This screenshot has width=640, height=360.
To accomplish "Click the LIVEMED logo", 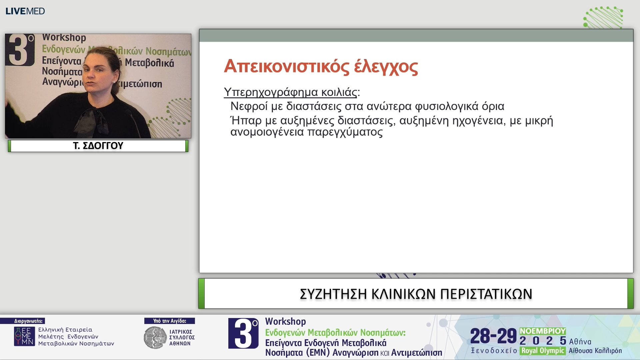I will point(25,11).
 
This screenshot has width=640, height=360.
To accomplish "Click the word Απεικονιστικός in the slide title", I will point(286,66).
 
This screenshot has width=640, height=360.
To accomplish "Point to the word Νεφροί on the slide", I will point(249,106).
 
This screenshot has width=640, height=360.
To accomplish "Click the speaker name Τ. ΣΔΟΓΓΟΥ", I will point(98,146).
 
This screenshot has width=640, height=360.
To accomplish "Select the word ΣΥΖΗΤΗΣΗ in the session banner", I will point(333,294).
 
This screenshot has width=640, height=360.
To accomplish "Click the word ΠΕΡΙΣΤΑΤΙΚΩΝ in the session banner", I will point(486,294).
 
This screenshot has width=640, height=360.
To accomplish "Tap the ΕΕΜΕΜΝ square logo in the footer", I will point(24,336).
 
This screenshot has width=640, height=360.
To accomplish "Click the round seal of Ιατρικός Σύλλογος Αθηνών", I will point(155,338).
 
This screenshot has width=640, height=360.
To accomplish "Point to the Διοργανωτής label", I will point(28,321).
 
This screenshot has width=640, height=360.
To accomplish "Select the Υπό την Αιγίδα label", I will point(169,321).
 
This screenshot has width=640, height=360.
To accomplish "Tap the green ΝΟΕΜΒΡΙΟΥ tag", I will point(542,331).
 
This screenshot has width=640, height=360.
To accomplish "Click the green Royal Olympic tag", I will point(542,351).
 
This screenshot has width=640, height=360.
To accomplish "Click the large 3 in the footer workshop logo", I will point(243,333).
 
